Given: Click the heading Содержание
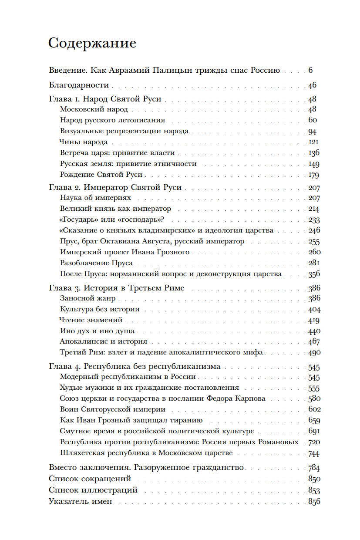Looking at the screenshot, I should tap(92, 43).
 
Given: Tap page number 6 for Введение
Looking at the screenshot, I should tap(310, 70).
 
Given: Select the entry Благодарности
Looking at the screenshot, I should tap(79, 85).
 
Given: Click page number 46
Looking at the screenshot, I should tap(312, 85).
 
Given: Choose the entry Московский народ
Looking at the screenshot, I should tap(94, 109).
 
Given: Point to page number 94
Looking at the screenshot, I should tap(312, 132).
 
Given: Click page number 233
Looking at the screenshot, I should tap(313, 220).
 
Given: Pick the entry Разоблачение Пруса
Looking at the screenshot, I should tap(96, 263).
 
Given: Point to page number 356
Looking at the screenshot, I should tap(313, 274).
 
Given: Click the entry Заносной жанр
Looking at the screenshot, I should tap(87, 298).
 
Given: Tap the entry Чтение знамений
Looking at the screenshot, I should tap(91, 320).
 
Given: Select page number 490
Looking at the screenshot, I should tap(313, 353).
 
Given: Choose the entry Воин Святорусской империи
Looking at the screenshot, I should tap(113, 409).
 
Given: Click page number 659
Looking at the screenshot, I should tap(313, 421).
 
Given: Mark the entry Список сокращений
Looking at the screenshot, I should tap(90, 479).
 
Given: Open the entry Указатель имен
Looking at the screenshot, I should tap(81, 501).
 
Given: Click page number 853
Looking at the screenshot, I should tap(313, 490).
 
